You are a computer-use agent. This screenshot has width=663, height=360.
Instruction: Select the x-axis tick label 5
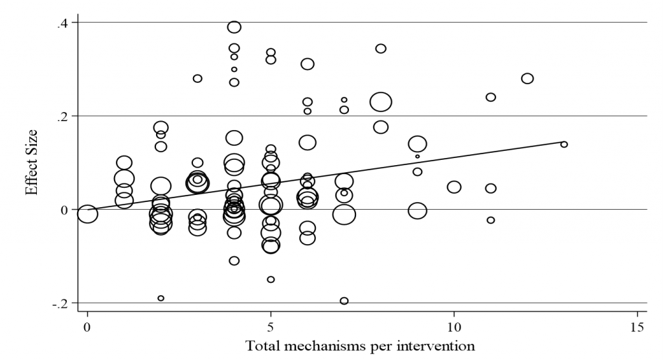(271, 327)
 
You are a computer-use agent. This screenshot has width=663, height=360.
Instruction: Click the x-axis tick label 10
(454, 327)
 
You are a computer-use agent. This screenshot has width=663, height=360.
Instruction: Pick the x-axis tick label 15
(637, 327)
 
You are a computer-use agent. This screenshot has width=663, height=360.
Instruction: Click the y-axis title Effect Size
(32, 163)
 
